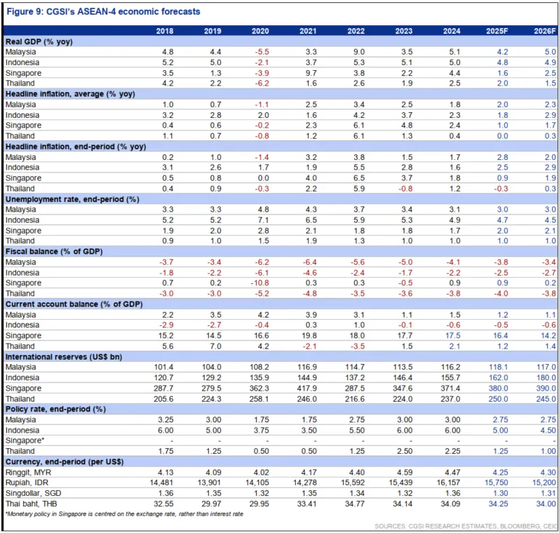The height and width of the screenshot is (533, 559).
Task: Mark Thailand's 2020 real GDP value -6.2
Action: pyautogui.click(x=260, y=83)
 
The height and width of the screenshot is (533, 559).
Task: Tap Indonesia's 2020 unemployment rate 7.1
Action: pyautogui.click(x=260, y=219)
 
